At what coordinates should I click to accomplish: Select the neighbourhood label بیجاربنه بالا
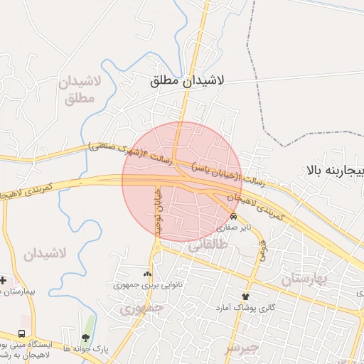click(x=335, y=171)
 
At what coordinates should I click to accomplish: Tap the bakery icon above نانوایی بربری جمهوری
click(x=147, y=273)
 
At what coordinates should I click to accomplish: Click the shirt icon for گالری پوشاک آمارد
click(x=246, y=296)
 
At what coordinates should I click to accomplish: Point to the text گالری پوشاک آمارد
click(x=246, y=308)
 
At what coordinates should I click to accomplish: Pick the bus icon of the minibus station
click(x=22, y=333)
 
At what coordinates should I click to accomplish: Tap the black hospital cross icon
click(x=3, y=279)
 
